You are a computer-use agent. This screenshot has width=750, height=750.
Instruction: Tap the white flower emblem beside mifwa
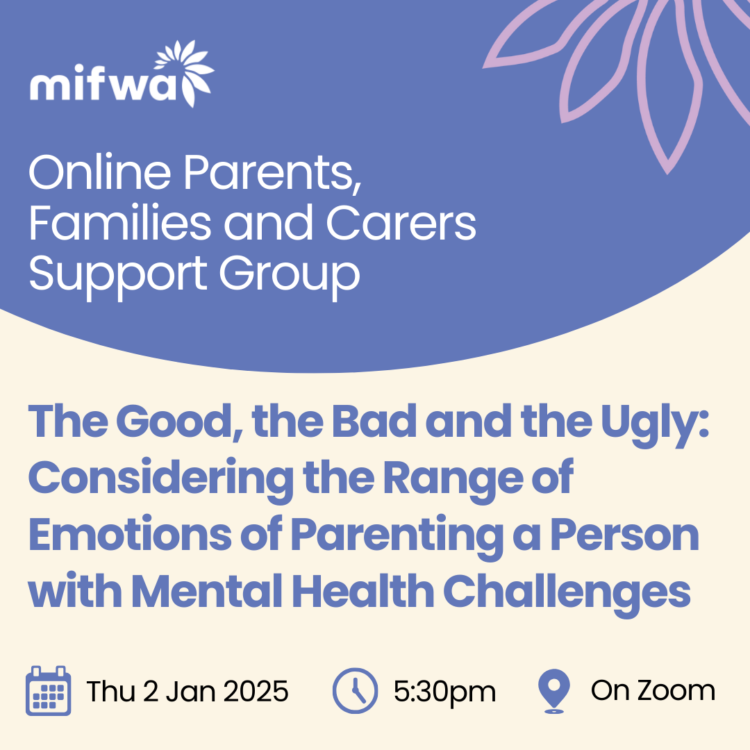pos(184,73)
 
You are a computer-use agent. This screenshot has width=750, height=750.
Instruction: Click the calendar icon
pos(49,691)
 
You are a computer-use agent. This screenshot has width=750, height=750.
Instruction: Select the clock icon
pos(355,691)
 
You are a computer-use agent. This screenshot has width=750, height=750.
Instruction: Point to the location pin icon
pos(554,691)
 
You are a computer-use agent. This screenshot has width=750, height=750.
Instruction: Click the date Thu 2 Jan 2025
pos(187,691)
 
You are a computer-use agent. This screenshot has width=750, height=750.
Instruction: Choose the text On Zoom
pos(653,691)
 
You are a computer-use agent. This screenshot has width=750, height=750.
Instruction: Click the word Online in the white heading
pos(100,172)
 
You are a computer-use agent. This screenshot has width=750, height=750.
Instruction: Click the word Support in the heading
pos(118,274)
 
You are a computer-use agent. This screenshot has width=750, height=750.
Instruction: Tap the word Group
pos(290,274)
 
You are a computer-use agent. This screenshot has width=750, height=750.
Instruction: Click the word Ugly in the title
pos(654,422)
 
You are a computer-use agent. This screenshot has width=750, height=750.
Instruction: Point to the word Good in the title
pos(179,421)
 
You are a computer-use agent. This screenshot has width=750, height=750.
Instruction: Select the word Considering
pos(161,478)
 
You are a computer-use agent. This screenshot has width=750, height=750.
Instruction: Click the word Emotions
pos(130,534)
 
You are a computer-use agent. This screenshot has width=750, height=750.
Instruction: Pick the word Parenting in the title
pos(397,535)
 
